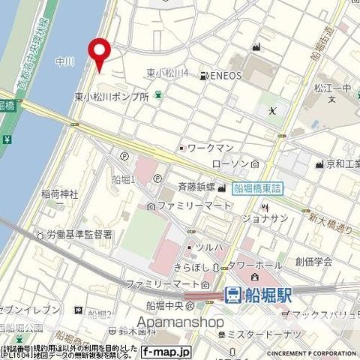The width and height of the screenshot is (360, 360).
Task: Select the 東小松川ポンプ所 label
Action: point(111,97)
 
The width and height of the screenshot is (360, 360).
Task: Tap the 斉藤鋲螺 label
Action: point(197,189)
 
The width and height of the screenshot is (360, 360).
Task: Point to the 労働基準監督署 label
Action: point(77,235)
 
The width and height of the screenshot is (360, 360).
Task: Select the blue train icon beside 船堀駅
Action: point(233,294)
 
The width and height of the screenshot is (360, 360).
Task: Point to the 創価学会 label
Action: point(313,261)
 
